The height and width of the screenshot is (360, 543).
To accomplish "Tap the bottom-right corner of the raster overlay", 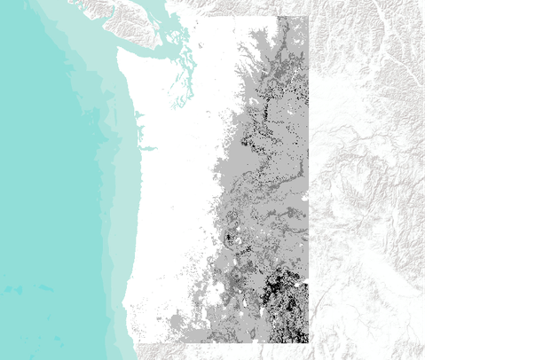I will pos(307,341).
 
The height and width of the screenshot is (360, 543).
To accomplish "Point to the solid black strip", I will pos(484,177).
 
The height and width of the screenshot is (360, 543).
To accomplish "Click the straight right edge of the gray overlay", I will pos(308,177).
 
